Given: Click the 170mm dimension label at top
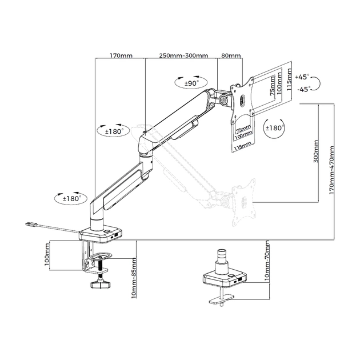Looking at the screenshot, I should [x=121, y=55].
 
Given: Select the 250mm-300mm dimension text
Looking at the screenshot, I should [x=183, y=55].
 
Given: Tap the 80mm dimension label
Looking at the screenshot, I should [x=230, y=55].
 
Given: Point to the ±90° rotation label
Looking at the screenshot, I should [x=191, y=83].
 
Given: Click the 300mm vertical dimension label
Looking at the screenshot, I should [x=316, y=151].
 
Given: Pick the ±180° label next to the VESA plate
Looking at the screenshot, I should [x=275, y=128].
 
